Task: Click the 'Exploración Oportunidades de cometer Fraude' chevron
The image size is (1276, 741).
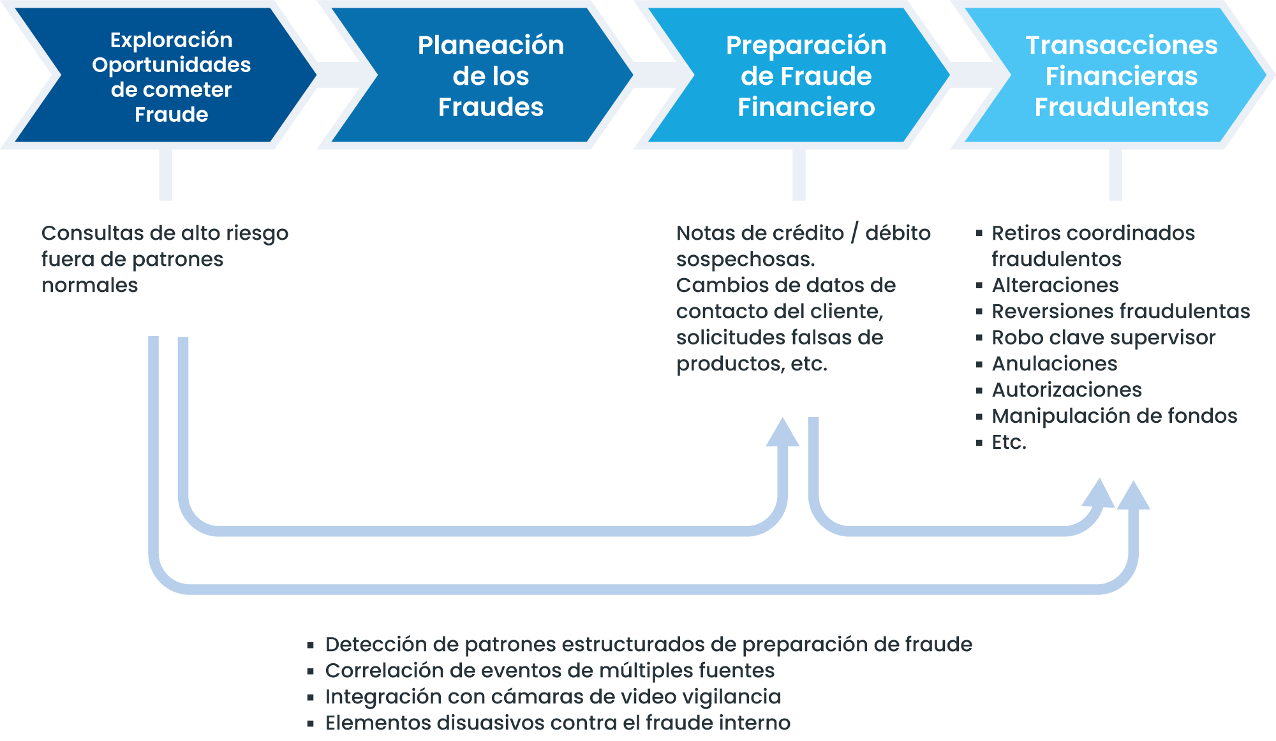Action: tap(166, 75)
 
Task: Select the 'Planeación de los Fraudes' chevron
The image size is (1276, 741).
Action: tap(482, 75)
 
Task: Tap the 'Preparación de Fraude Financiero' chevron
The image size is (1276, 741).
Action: tap(799, 75)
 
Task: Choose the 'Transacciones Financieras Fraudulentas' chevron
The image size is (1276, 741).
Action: tap(1115, 75)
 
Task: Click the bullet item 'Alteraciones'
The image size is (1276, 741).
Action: tap(1055, 285)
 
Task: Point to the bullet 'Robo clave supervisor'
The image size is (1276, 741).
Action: tap(1103, 337)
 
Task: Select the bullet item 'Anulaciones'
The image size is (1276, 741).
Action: tap(1054, 363)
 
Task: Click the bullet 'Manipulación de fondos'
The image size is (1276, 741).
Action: tap(1114, 416)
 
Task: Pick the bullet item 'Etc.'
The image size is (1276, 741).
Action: tap(1009, 442)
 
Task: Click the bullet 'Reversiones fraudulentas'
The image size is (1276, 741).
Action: tap(1120, 311)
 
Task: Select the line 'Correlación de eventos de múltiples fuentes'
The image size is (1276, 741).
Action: tap(549, 671)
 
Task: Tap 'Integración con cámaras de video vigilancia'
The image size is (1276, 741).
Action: tap(553, 697)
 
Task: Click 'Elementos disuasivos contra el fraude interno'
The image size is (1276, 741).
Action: tap(558, 723)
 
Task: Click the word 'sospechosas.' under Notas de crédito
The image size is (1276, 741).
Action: tap(745, 260)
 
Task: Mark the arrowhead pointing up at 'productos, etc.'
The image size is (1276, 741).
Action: tap(782, 432)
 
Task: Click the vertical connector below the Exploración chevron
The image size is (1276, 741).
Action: tap(166, 175)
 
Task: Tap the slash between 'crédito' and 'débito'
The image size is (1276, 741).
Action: tap(854, 233)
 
